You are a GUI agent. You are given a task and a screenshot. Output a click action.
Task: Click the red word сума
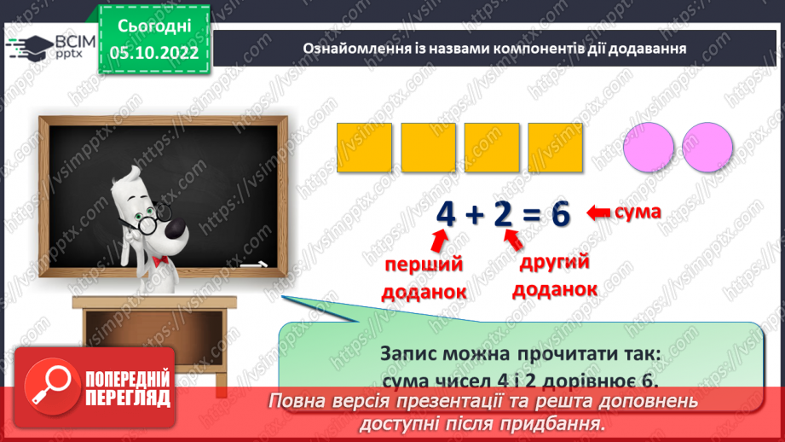coord(637,211)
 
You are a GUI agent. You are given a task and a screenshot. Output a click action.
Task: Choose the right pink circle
coord(708,146)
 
